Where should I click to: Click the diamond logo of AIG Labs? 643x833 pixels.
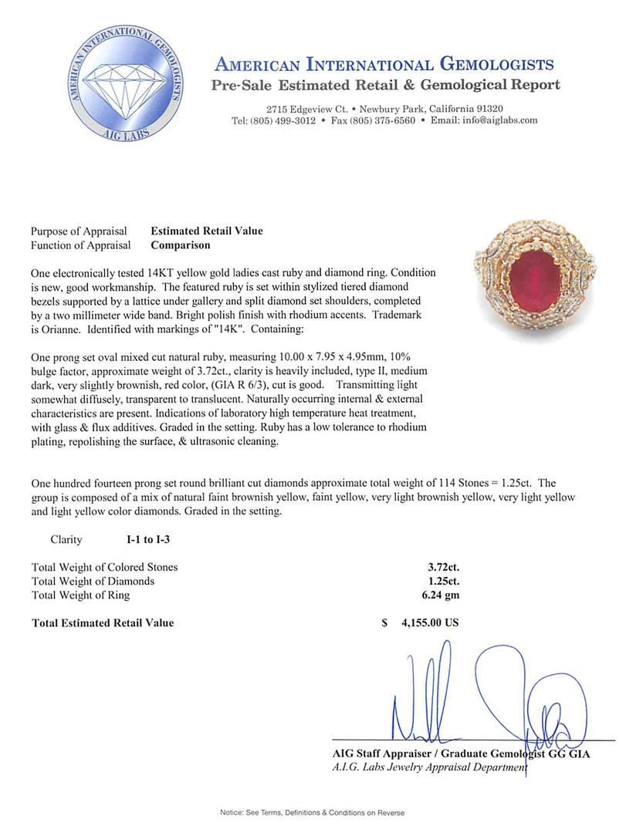pyautogui.click(x=127, y=85)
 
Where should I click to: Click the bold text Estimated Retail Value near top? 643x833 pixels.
pyautogui.click(x=206, y=231)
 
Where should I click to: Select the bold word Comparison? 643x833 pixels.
pyautogui.click(x=180, y=245)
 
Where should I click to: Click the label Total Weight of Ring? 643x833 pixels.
pyautogui.click(x=81, y=595)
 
